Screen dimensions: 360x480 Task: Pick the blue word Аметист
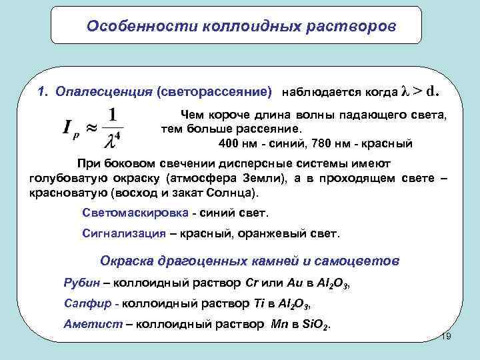pos(89,325)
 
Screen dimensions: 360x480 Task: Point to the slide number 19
pos(447,337)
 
